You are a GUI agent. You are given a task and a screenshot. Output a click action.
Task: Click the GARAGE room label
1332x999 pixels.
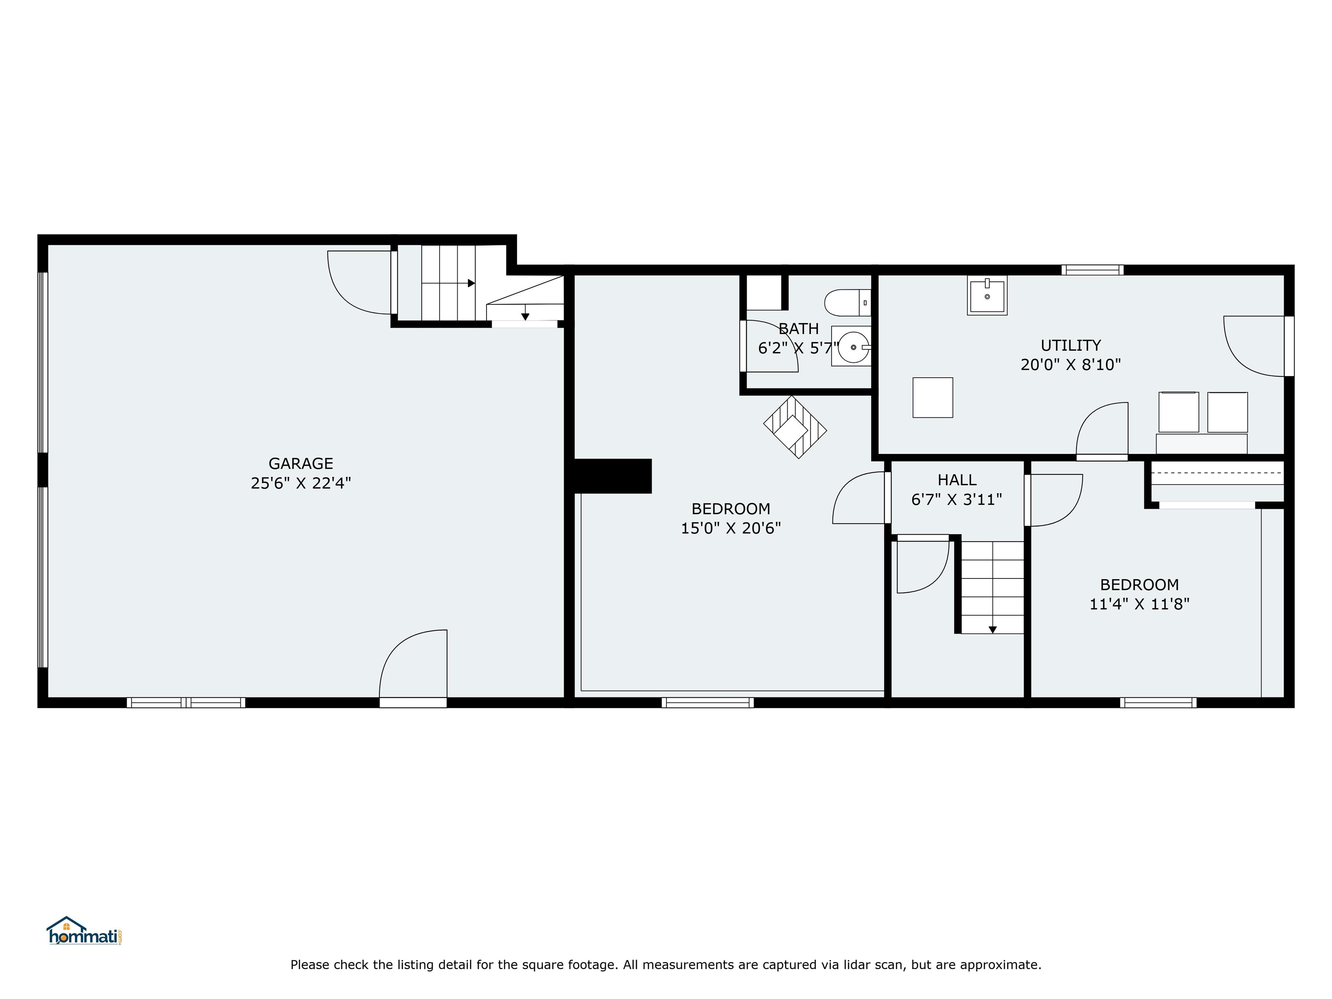pos(300,463)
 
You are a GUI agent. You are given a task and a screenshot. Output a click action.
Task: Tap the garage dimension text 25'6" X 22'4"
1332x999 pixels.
pos(300,483)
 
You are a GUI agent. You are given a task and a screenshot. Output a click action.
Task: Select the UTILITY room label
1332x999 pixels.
pos(1071,345)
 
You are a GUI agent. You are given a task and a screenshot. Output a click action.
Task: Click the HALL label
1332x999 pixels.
pos(957,480)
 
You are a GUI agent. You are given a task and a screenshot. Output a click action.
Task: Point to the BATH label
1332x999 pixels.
pos(799,329)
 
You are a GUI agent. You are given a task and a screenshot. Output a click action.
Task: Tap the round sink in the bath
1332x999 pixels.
pos(853,347)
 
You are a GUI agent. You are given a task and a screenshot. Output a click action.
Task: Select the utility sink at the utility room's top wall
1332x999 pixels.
pos(987,295)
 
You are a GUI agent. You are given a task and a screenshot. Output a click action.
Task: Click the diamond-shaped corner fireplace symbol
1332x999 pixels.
pos(795,427)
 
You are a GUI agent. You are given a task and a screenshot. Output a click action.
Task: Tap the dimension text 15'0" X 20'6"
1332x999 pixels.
pos(731,528)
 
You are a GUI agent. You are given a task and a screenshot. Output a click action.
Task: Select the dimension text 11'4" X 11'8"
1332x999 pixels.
pos(1139,604)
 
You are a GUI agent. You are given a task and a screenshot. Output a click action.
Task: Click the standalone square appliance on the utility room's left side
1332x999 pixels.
pos(933,398)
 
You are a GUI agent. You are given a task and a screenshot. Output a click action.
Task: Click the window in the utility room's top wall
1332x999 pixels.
pos(1092,270)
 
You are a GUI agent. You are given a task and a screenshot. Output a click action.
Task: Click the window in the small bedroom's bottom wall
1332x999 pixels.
pos(1158,702)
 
